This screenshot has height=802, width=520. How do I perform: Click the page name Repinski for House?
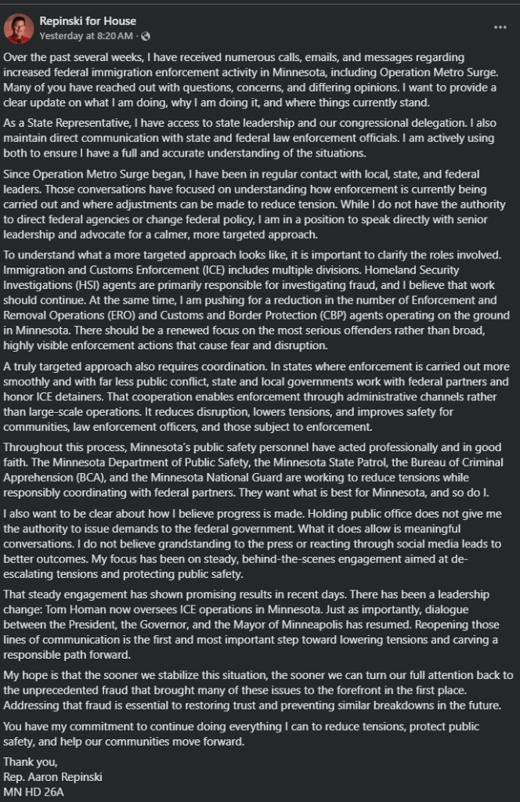point(88,21)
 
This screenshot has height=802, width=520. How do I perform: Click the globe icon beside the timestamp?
point(146,35)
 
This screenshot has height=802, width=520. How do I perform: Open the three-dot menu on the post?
point(500,27)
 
